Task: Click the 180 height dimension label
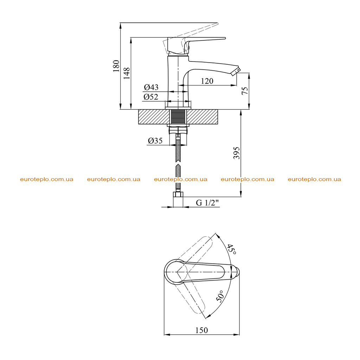click(x=116, y=66)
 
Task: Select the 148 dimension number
click(x=127, y=73)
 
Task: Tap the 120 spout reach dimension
click(x=207, y=81)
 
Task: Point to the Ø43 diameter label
click(x=151, y=87)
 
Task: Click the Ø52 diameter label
click(x=151, y=97)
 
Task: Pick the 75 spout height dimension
click(x=245, y=91)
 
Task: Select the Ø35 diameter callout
click(x=155, y=141)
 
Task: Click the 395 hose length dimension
click(x=237, y=153)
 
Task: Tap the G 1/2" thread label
click(x=207, y=203)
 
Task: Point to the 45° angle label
click(x=231, y=249)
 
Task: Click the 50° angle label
click(x=220, y=296)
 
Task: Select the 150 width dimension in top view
click(x=201, y=330)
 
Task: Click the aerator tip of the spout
click(x=236, y=72)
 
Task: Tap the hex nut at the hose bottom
click(x=178, y=194)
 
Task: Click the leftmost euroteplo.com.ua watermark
click(x=47, y=179)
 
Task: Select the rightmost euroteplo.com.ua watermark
click(x=314, y=179)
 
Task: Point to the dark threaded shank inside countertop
click(x=178, y=117)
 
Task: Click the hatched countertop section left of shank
click(x=154, y=117)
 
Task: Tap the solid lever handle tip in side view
click(x=224, y=38)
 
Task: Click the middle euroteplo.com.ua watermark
click(x=181, y=179)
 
